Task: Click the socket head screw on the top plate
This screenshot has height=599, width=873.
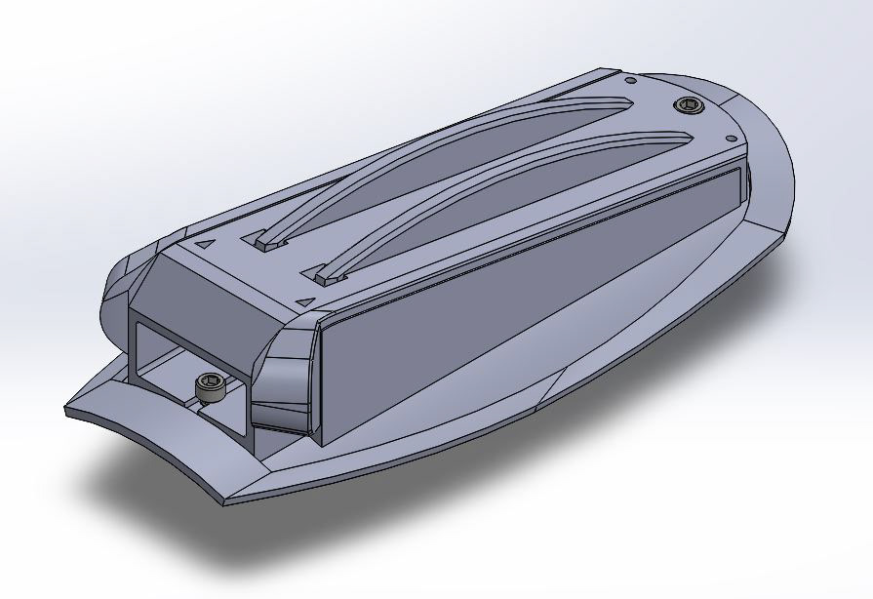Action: coord(690,105)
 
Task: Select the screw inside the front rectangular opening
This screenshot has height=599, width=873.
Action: coord(211,387)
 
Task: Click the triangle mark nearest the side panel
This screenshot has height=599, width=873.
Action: coord(306,301)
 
